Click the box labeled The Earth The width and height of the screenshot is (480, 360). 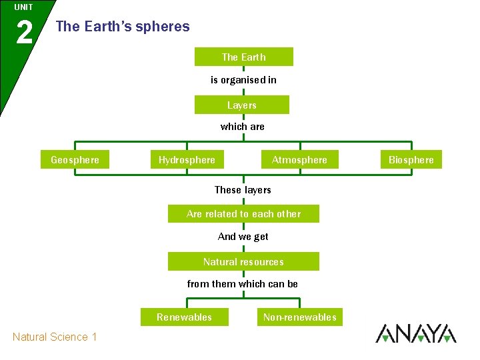(x=243, y=57)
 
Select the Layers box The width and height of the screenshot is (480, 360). (x=241, y=105)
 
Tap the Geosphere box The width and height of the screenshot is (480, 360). (x=75, y=160)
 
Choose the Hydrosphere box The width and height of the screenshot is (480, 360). (x=187, y=160)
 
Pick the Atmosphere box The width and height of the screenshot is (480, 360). (x=299, y=160)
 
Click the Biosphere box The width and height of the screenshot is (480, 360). (x=411, y=160)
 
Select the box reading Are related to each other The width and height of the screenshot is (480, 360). (x=243, y=214)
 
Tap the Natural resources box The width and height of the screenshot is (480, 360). (x=243, y=262)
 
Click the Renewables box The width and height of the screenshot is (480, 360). (x=184, y=317)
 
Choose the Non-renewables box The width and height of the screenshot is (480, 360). (x=300, y=317)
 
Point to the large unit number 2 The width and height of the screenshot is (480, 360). (x=24, y=32)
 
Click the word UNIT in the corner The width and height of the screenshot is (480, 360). (x=23, y=7)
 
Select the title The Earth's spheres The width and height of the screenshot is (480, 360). (x=123, y=27)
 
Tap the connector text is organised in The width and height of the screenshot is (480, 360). (x=243, y=80)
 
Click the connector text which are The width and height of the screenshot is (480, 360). (x=243, y=127)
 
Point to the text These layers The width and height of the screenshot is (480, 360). (x=243, y=190)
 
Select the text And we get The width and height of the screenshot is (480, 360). (x=243, y=237)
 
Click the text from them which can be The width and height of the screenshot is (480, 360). (x=243, y=284)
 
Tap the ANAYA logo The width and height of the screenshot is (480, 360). (x=416, y=333)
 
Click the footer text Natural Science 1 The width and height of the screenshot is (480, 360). (x=55, y=337)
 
